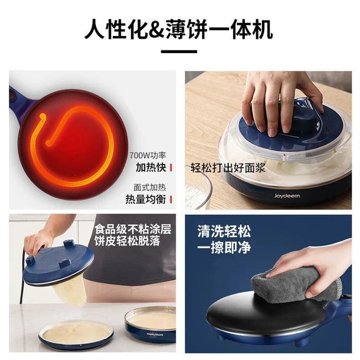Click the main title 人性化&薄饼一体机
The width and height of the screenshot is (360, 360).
click(178, 29)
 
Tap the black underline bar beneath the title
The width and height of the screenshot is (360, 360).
click(178, 52)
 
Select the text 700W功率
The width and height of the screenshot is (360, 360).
click(147, 155)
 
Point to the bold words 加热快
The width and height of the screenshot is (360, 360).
click(151, 167)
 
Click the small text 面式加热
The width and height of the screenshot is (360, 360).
click(150, 187)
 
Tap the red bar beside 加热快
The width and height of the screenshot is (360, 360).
click(171, 167)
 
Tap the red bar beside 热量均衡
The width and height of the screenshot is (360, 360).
click(171, 199)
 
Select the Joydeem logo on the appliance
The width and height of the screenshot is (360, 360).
click(286, 195)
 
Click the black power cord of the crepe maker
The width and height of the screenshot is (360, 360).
click(22, 277)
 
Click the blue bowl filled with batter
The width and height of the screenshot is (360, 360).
click(151, 324)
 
